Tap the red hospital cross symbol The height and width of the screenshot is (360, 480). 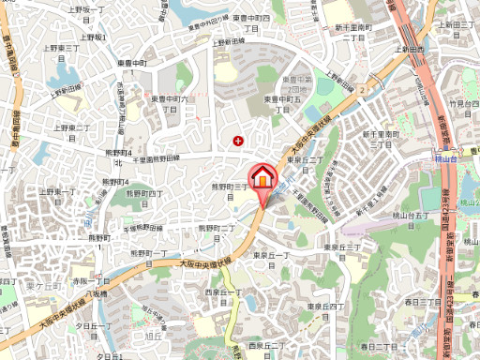tap(238, 142)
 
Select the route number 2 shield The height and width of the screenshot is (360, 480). tap(360, 88)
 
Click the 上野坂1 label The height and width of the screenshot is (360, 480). tap(93, 37)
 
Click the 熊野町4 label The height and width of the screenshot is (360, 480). tap(117, 152)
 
